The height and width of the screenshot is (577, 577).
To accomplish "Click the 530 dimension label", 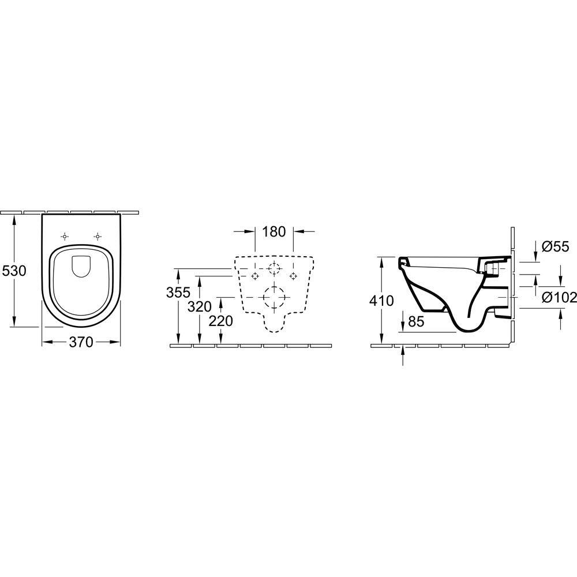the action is tap(14, 271).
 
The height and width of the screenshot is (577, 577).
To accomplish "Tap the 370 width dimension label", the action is tap(81, 342).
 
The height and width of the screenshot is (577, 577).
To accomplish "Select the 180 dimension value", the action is tap(274, 231).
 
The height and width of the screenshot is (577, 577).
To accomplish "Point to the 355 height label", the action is tap(178, 293).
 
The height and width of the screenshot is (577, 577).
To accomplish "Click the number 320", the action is tap(200, 306).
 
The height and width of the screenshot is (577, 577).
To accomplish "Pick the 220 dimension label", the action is tap(221, 321).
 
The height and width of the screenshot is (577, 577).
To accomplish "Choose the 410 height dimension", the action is tap(381, 301).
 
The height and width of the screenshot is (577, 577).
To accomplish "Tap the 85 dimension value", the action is tap(416, 321).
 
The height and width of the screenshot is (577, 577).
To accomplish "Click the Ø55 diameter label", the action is tap(556, 246).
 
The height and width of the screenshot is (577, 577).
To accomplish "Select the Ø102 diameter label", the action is tap(559, 297).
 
